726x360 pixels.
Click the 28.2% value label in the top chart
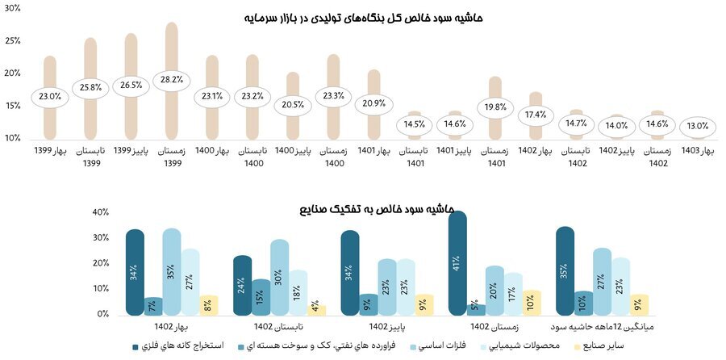click(171, 79)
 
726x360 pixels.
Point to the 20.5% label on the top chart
click(293, 105)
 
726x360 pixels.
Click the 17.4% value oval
click(536, 115)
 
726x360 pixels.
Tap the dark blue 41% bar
click(457, 263)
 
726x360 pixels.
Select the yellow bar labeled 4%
click(317, 310)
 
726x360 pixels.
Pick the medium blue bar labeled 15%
click(261, 297)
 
